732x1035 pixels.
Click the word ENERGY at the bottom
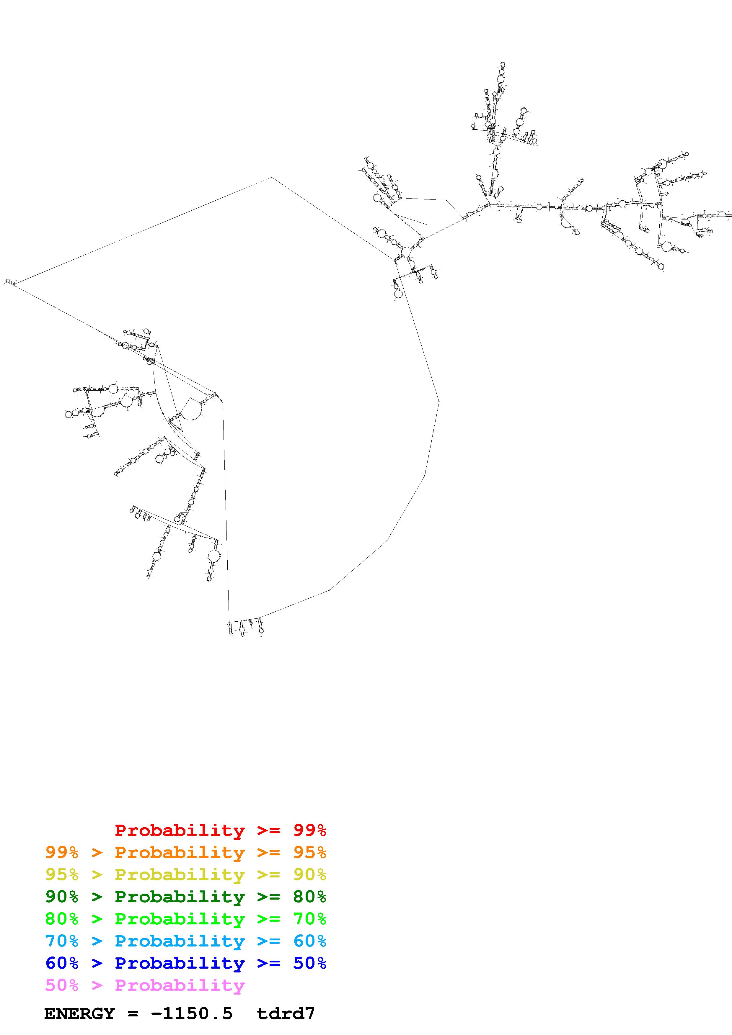[79, 1014]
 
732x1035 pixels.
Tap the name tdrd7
[286, 1014]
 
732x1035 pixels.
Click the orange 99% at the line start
[62, 852]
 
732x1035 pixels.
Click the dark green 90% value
[62, 897]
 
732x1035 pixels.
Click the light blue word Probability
[180, 941]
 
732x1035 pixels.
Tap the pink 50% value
[62, 985]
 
